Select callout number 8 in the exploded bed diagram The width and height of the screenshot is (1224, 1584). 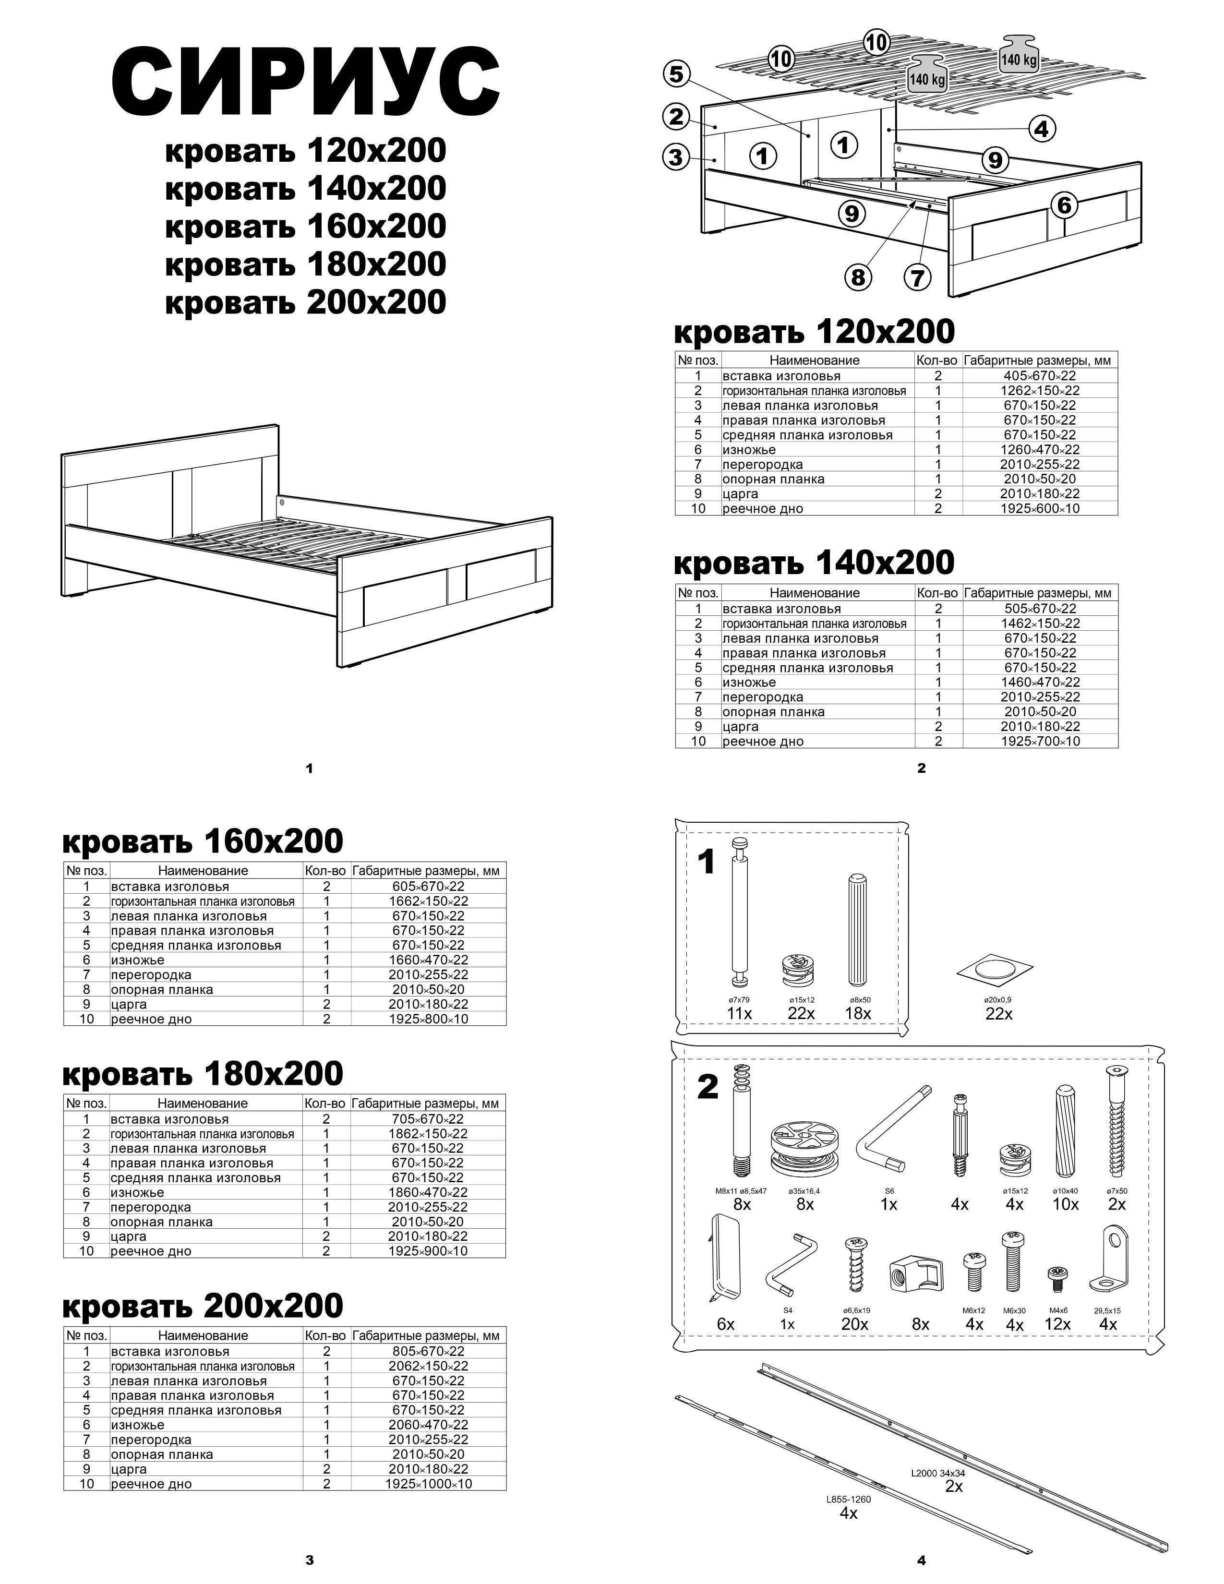tap(858, 277)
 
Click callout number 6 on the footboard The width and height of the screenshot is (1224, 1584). tap(1064, 205)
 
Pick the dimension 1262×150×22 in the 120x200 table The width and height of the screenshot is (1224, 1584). tap(1040, 391)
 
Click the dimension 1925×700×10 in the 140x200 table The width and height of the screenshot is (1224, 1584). tap(1040, 741)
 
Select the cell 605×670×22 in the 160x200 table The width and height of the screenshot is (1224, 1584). tap(428, 886)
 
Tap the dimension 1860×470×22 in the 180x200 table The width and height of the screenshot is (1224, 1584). tap(427, 1192)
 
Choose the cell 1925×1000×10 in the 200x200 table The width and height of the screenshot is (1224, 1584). tap(428, 1484)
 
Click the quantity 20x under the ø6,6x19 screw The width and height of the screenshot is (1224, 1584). tap(855, 1324)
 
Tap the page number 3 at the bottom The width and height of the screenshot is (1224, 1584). tap(310, 1560)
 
